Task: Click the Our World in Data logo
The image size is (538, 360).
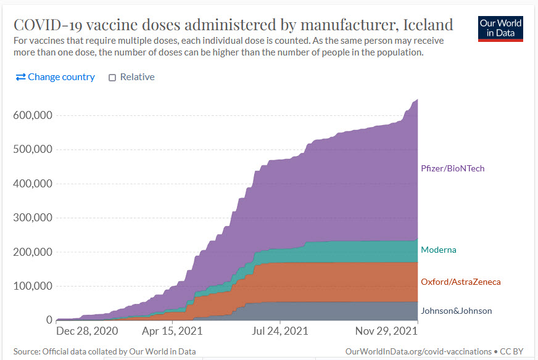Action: [500, 28]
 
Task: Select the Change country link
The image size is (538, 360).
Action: [56, 77]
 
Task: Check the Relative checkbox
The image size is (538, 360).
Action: [112, 78]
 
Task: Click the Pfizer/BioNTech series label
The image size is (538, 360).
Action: [452, 168]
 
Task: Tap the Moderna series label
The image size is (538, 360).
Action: [438, 250]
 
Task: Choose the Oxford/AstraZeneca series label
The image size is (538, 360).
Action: [460, 282]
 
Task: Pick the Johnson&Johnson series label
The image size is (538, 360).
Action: [456, 311]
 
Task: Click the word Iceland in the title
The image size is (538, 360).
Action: [428, 25]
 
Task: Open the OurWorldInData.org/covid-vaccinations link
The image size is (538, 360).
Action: [418, 351]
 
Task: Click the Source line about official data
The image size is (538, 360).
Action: [104, 351]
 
